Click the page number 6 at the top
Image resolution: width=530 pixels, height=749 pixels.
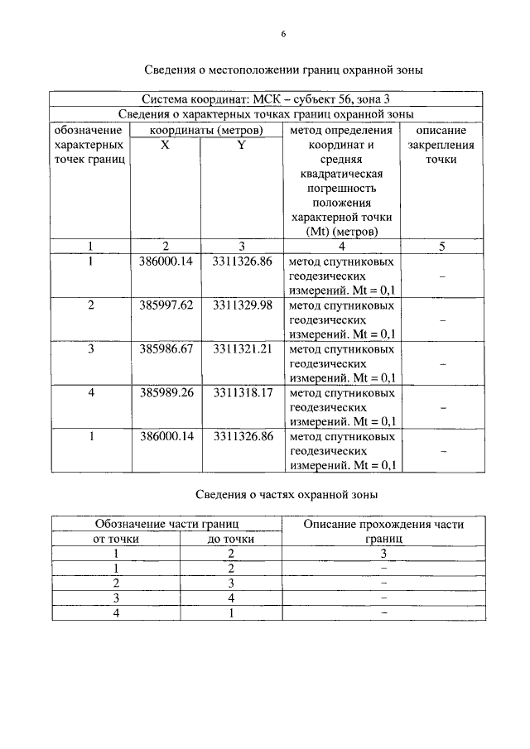(x=283, y=34)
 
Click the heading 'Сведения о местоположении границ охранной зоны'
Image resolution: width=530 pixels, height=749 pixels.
(x=283, y=70)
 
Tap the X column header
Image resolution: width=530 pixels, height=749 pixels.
(x=165, y=144)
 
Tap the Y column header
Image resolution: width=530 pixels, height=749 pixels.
(x=241, y=144)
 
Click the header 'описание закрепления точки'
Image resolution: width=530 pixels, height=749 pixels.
(x=441, y=145)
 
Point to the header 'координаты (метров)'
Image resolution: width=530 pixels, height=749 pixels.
(x=206, y=130)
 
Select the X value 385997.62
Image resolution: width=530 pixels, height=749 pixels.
(x=165, y=305)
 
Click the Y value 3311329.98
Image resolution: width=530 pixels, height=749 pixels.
(x=243, y=305)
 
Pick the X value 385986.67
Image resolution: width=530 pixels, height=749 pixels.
(x=165, y=348)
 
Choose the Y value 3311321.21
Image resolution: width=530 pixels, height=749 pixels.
(x=243, y=348)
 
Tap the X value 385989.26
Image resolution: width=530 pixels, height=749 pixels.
(x=165, y=392)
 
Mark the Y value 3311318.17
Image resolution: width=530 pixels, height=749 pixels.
(x=243, y=392)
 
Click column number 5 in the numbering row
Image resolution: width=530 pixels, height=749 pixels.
(x=441, y=245)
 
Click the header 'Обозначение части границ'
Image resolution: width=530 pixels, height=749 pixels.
(x=166, y=524)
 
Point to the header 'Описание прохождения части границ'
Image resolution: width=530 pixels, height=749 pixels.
(x=383, y=531)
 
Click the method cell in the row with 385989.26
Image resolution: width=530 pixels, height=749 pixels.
(x=341, y=406)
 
